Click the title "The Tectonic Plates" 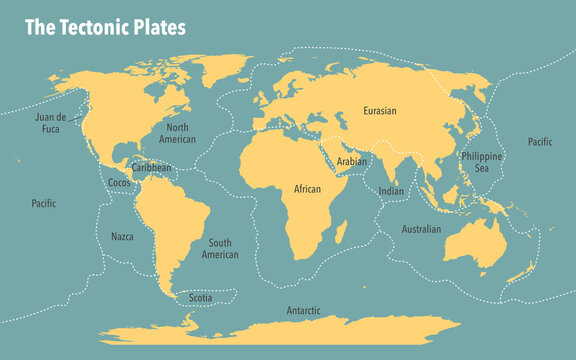click(105, 27)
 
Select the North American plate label click(178, 134)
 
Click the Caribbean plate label click(151, 169)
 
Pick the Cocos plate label click(118, 183)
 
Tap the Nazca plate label click(122, 237)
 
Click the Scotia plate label click(201, 297)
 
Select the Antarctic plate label click(303, 310)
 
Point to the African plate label click(307, 188)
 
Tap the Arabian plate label click(351, 161)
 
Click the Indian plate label click(391, 190)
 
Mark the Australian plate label click(421, 229)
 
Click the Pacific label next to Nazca click(44, 203)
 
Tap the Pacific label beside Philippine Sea click(540, 142)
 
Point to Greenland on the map click(215, 72)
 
